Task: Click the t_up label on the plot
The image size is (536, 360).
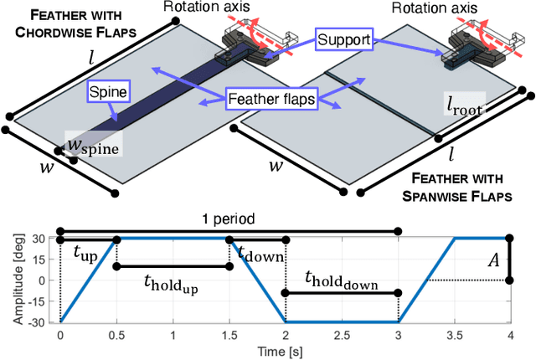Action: (x=85, y=253)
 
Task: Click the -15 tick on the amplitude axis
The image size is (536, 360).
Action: (x=44, y=301)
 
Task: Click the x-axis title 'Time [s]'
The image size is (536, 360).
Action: (x=286, y=350)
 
